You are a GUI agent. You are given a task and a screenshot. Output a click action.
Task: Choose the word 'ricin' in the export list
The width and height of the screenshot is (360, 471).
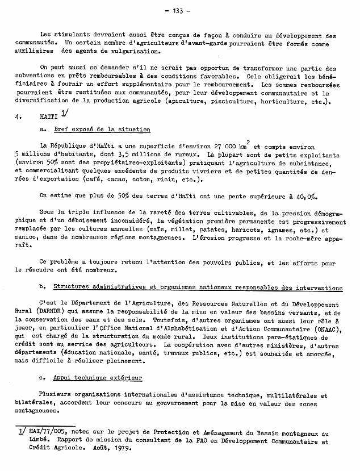(169, 179)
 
